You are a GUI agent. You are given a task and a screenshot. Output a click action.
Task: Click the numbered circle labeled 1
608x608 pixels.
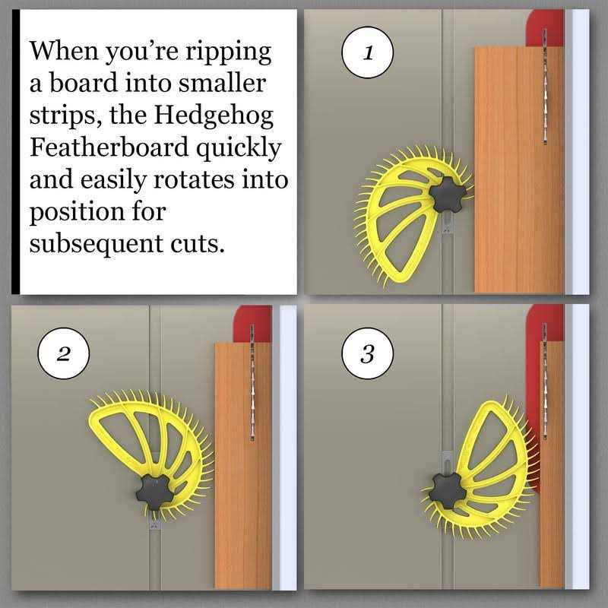pos(367,52)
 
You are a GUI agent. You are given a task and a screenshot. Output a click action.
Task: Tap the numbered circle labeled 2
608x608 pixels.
pos(64,353)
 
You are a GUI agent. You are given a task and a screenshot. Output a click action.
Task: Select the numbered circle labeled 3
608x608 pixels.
pos(368,353)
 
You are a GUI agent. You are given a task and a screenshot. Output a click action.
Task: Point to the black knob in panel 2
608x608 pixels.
pos(155,492)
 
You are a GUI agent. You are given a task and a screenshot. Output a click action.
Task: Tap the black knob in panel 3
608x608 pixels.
pos(448,491)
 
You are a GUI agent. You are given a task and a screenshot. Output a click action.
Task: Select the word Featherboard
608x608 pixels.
pos(109,147)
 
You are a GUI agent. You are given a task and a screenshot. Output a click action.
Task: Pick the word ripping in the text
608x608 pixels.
pos(228,52)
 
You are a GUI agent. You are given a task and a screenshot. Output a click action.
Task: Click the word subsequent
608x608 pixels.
pos(97,244)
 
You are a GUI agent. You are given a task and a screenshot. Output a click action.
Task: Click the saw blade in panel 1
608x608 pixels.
pos(545,86)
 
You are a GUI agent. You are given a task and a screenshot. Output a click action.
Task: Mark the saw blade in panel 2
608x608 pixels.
pos(252,382)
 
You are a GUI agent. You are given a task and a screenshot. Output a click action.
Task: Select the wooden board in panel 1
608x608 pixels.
pos(520,169)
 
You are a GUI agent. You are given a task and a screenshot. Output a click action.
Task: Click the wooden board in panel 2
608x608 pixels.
pos(243,465)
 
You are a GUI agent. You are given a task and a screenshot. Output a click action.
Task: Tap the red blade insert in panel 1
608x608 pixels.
pos(545,28)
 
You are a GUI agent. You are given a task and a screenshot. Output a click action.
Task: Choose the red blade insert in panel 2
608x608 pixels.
pos(252,325)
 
